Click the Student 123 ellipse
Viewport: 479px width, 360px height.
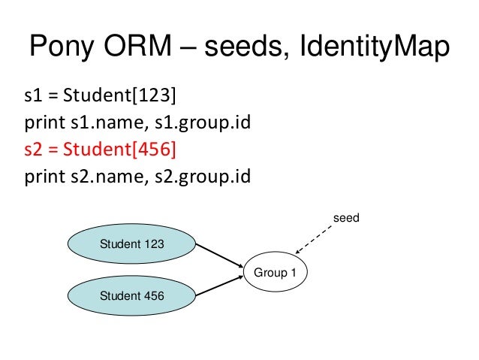(131, 244)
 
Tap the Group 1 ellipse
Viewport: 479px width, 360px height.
(275, 272)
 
